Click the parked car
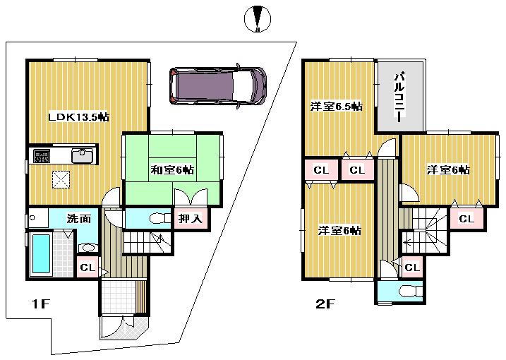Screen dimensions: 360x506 coord(217,86)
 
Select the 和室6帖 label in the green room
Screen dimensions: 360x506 coord(172,169)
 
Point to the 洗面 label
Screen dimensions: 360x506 coord(79,219)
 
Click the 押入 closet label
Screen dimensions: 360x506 coord(190,219)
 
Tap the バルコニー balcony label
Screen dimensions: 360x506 coord(399,97)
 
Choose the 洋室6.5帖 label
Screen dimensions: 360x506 coord(337,107)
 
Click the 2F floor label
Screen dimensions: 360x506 coord(325,305)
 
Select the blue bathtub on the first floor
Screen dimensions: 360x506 coord(42,255)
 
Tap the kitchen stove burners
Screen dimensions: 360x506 coord(42,155)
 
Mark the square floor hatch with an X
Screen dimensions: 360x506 coord(61,180)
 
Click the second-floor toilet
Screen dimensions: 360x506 coord(408,291)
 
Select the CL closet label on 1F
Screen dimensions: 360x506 coord(86,268)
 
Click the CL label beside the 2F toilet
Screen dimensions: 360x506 coord(411,267)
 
